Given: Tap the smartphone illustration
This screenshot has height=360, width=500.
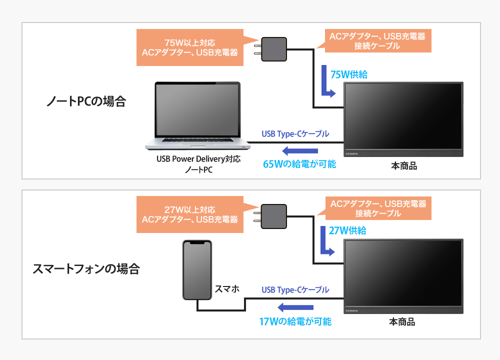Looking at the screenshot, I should [x=197, y=270].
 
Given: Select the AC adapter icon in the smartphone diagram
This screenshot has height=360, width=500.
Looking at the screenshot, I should [x=273, y=216].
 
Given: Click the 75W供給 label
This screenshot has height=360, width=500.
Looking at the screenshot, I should [x=349, y=74].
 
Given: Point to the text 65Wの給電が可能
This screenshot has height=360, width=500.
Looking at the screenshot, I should [x=299, y=164].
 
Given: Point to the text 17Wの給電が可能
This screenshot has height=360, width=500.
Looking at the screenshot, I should [x=295, y=321].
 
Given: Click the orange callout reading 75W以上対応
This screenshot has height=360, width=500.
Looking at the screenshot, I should [x=190, y=47].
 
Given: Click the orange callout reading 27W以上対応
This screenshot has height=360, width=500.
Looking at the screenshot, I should [x=190, y=214].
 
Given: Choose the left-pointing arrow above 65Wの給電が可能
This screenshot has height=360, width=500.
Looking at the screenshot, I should [x=299, y=151].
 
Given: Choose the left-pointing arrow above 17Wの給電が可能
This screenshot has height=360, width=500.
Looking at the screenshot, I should [x=295, y=307].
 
